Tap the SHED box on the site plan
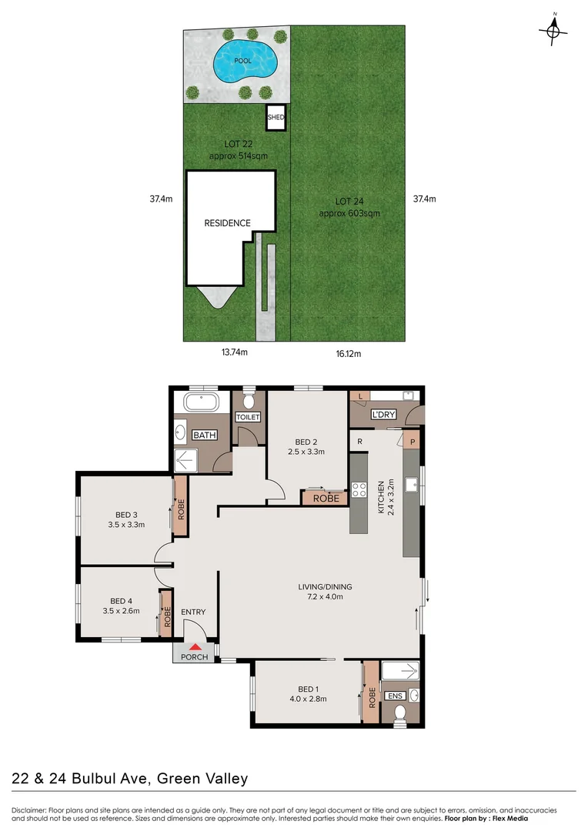276,118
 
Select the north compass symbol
553,31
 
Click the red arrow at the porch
195,648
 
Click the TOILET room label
248,417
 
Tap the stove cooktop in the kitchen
359,489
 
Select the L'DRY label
383,415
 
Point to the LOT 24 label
349,202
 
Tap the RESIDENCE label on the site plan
227,223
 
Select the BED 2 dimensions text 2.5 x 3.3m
306,452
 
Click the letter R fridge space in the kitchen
360,441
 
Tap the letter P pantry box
413,442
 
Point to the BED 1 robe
370,692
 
